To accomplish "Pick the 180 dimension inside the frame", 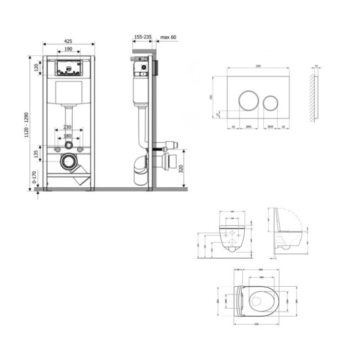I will tap(68, 137).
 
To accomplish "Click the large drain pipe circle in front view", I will tap(67, 161).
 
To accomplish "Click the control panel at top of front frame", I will tap(68, 67).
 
